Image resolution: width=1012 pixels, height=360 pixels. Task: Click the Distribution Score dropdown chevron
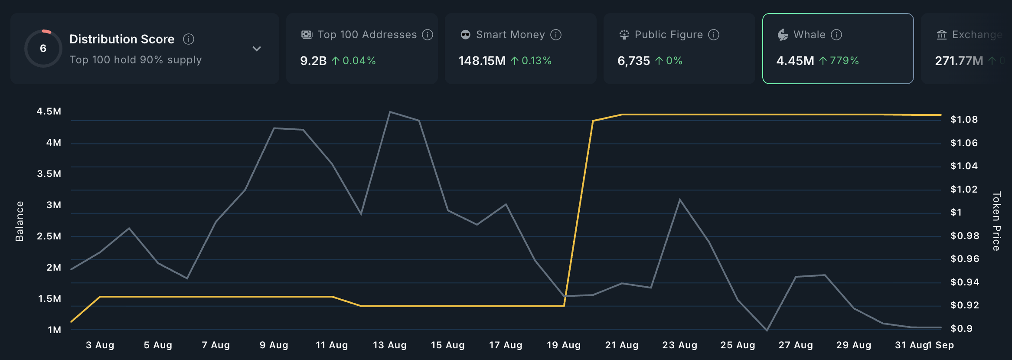(x=257, y=49)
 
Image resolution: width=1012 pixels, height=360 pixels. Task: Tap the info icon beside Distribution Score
(x=189, y=39)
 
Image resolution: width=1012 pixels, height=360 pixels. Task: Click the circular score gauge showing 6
(x=43, y=48)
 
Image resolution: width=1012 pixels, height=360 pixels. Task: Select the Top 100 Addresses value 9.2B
(x=313, y=61)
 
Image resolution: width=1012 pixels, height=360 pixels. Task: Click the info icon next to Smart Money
(x=556, y=35)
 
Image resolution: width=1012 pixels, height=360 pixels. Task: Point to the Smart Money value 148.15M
(x=482, y=61)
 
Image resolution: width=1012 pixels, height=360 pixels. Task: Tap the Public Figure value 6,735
(x=633, y=61)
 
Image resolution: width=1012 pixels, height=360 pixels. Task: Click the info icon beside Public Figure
(x=714, y=35)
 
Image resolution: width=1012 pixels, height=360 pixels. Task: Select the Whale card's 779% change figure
(x=844, y=61)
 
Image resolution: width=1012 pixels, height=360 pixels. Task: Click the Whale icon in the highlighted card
(x=783, y=35)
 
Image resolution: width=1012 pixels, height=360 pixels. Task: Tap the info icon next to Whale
(x=836, y=35)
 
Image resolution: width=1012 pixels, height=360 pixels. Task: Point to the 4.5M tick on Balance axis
(x=49, y=111)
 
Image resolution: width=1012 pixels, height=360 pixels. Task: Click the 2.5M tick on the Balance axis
(x=49, y=236)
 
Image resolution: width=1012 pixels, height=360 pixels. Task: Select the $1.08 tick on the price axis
(x=964, y=120)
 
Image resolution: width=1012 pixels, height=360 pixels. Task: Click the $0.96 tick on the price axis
(x=964, y=259)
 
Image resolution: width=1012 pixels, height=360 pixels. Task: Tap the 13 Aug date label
(x=390, y=345)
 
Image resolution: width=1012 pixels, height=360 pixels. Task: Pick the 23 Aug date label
(x=680, y=345)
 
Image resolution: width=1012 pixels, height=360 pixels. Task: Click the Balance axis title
(x=20, y=221)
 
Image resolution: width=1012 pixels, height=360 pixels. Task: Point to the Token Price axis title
(x=996, y=221)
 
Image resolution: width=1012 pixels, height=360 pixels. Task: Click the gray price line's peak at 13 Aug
(x=390, y=112)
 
